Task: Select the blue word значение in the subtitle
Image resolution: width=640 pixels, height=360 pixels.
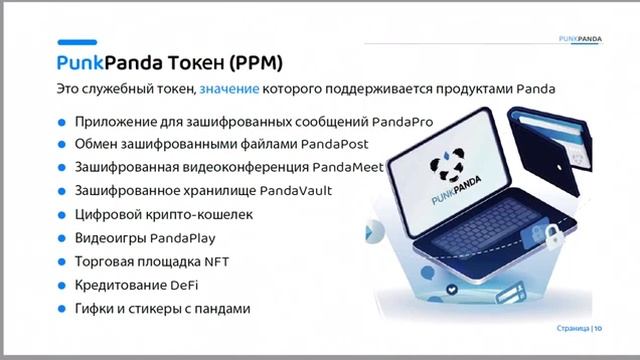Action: pos(229,90)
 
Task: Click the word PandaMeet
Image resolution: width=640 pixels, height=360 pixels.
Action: pos(347,167)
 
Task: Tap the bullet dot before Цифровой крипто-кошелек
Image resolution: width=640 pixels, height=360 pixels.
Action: pos(63,214)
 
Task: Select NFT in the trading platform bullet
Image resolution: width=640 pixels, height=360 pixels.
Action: pos(203,262)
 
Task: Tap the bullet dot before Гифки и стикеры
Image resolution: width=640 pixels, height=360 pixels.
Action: pos(63,310)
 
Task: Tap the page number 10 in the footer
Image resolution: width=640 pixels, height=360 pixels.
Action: pos(598,328)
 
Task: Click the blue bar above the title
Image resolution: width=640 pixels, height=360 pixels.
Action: pos(76,42)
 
